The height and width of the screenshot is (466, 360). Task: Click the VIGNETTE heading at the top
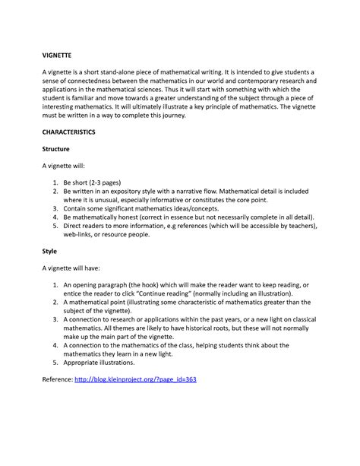pos(58,55)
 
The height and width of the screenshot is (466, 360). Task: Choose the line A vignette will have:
pos(77,268)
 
